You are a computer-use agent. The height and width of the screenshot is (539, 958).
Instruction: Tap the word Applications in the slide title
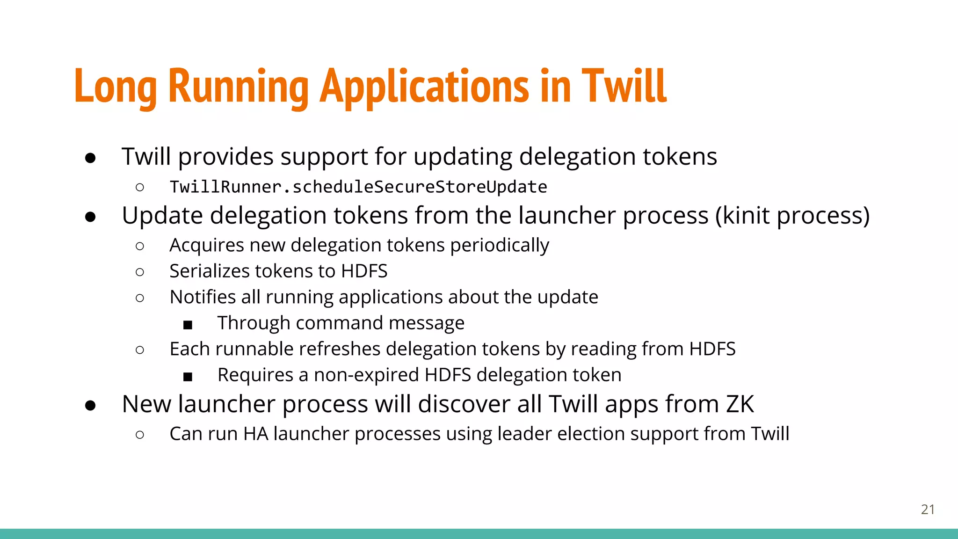424,87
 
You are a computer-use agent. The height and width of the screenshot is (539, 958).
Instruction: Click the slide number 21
928,509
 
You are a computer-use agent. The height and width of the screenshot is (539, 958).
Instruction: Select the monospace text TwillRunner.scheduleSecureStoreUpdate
358,187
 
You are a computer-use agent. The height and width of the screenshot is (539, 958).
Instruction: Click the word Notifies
203,297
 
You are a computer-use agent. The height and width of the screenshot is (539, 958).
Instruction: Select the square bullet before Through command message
188,324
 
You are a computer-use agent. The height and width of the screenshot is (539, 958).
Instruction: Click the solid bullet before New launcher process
90,405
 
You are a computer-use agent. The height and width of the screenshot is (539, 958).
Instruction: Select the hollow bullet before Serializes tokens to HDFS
139,272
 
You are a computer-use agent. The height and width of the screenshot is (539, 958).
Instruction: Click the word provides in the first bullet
225,157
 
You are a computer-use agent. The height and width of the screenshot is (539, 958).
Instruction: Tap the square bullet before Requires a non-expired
188,376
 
